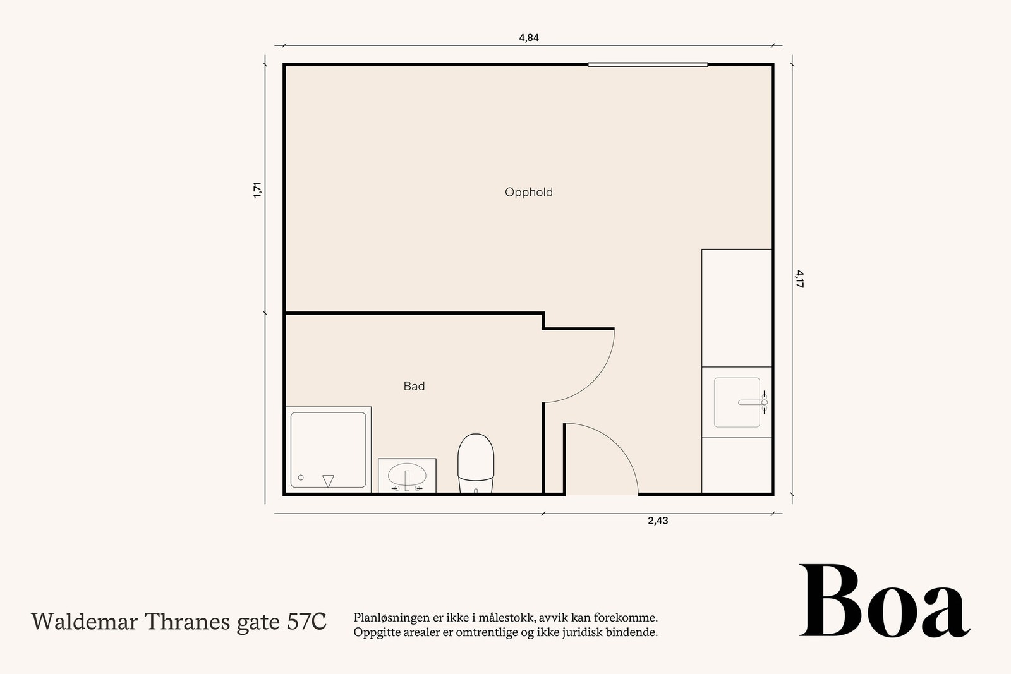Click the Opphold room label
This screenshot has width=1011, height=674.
tap(528, 192)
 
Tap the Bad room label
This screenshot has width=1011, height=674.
tap(414, 386)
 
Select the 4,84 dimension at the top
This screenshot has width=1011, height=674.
tap(528, 37)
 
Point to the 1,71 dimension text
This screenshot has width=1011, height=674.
tap(257, 190)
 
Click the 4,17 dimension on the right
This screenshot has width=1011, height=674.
tap(799, 279)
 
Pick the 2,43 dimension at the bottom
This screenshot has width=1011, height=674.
tap(658, 521)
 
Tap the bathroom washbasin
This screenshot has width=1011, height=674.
tap(407, 476)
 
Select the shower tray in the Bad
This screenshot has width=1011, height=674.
tap(328, 449)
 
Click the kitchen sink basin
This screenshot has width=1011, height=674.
tap(737, 402)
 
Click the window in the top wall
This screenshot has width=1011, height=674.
tap(648, 64)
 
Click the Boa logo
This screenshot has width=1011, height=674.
tap(884, 601)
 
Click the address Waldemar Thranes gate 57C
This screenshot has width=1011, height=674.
tap(179, 622)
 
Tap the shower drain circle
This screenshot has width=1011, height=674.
tap(301, 478)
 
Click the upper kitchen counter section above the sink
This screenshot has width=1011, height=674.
tap(736, 308)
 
